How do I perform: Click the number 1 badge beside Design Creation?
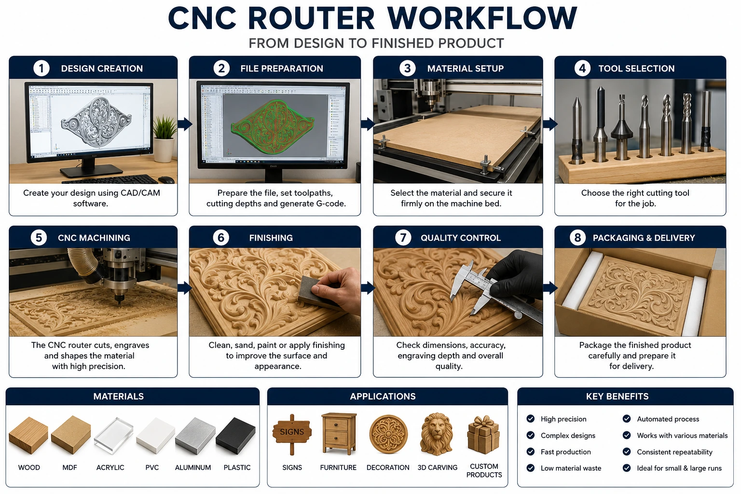tap(41, 68)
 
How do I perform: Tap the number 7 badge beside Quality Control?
tap(403, 237)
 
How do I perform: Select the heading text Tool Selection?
tap(636, 69)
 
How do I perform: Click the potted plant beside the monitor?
tap(164, 138)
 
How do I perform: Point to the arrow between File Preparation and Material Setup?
tap(367, 124)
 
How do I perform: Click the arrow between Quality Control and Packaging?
tap(549, 288)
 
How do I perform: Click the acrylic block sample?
tap(113, 436)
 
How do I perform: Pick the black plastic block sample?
tap(235, 436)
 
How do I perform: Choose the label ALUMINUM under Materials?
tap(193, 467)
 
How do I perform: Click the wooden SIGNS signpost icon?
tap(292, 434)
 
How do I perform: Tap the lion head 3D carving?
tap(437, 434)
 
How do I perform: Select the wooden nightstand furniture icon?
tap(339, 434)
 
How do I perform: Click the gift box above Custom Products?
tap(483, 435)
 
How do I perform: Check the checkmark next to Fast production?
tap(531, 452)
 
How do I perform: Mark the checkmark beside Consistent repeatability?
tap(627, 452)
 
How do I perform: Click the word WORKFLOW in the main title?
tap(482, 18)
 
